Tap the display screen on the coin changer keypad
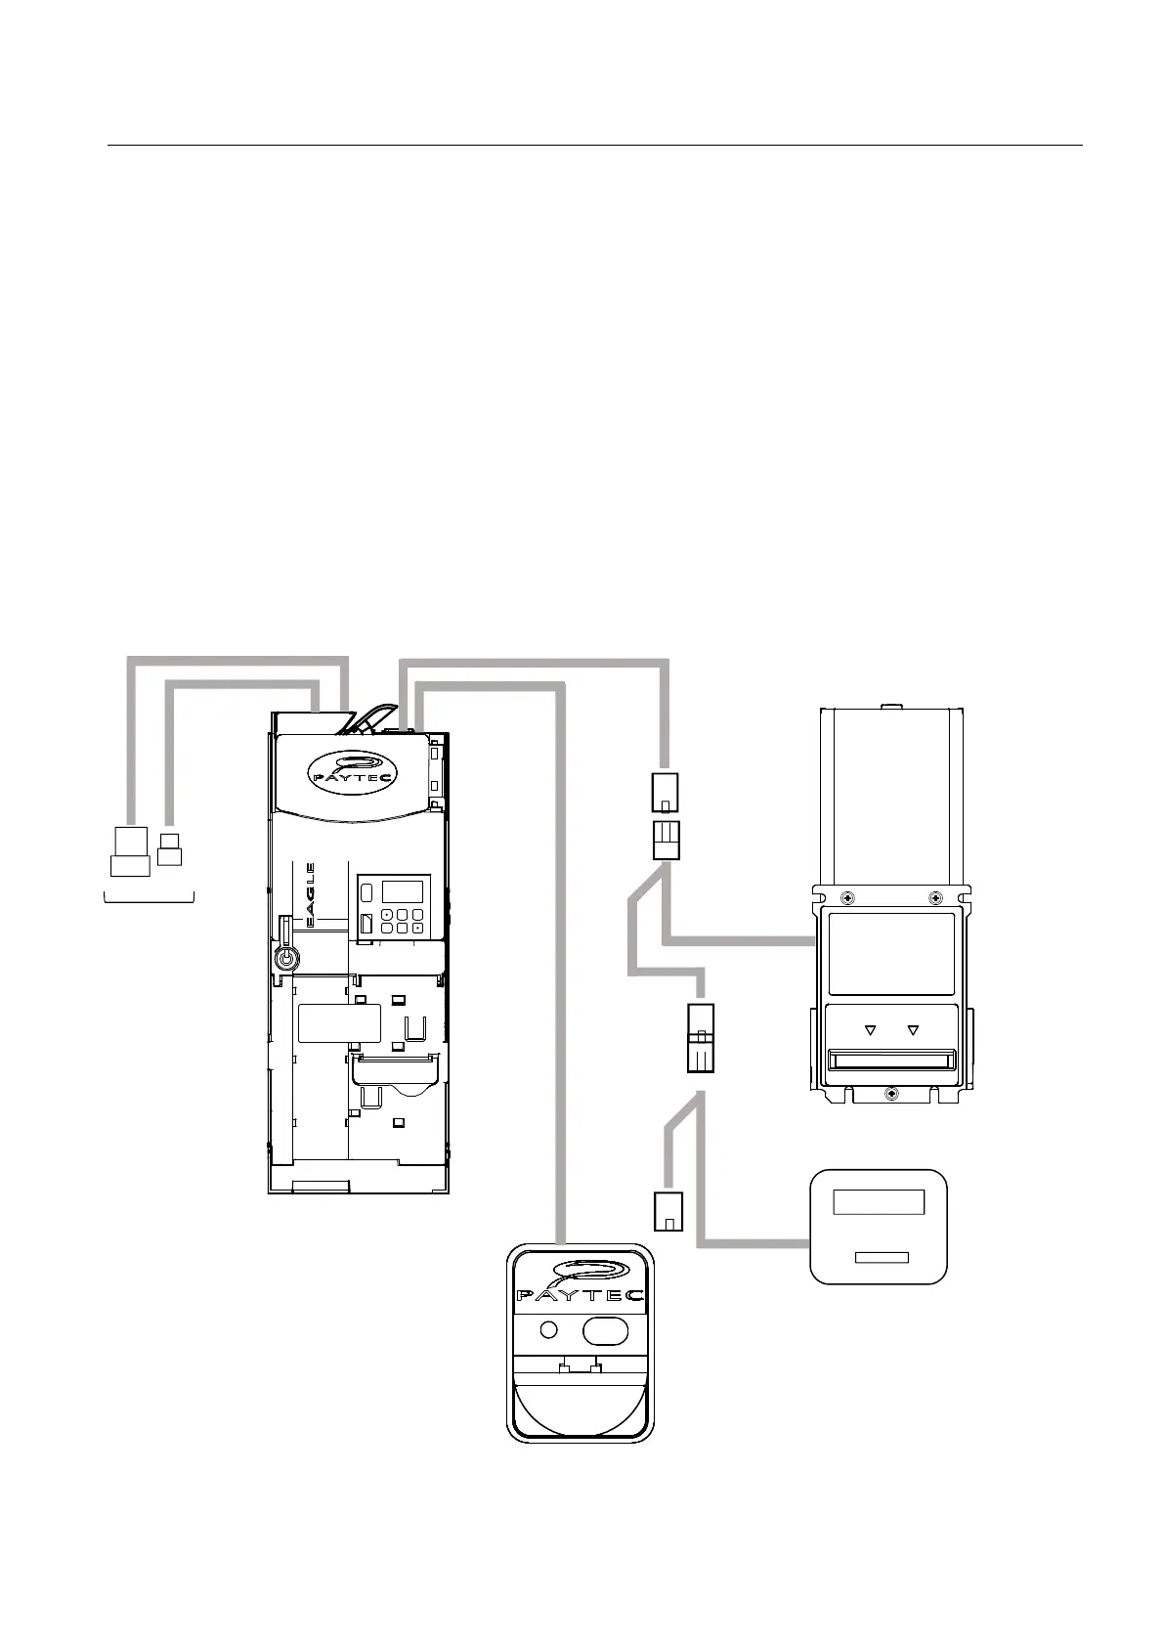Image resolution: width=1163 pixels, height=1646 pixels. pos(402,891)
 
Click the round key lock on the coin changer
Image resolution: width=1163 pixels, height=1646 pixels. pos(285,958)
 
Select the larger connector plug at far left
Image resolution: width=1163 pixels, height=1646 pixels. pos(130,851)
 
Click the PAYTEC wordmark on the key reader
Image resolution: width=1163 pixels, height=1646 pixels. pos(580,1295)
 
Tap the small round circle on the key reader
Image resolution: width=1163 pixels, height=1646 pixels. pos(549,1329)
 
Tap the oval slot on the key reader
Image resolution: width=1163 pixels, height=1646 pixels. pos(605,1330)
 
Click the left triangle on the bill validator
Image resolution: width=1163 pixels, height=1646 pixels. pos(869,1029)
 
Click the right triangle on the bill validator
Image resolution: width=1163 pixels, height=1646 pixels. pos(914,1029)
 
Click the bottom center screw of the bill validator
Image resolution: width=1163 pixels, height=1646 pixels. pos(890,1094)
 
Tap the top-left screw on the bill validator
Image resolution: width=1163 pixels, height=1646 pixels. pos(846,897)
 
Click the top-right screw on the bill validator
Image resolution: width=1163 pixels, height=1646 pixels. pos(935,897)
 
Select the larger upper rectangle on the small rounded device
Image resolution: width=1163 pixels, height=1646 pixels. pos(878,1202)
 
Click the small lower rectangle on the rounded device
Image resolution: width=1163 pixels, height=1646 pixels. pos(882,1257)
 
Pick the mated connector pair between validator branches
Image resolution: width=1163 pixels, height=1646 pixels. pos(701,1038)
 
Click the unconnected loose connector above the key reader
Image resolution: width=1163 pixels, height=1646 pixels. pos(668,1211)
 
